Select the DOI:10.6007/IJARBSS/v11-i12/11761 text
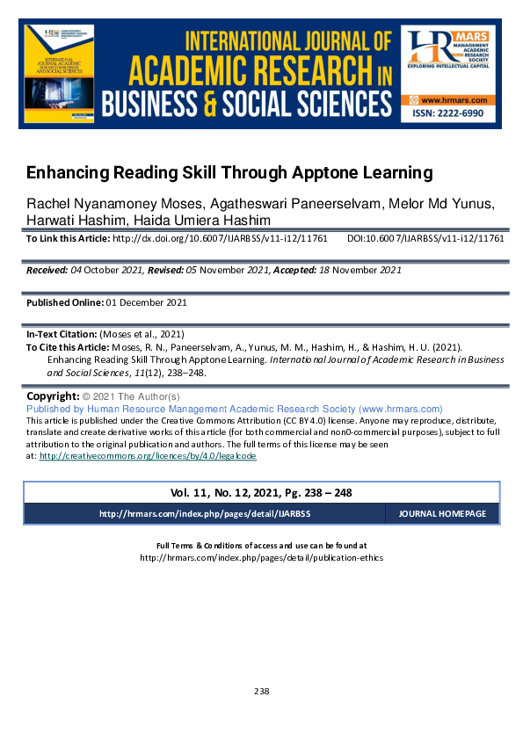click(x=425, y=238)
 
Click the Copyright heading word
click(x=54, y=396)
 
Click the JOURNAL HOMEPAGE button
click(x=441, y=513)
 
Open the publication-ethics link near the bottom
click(x=261, y=557)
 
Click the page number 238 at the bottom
click(x=261, y=691)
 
